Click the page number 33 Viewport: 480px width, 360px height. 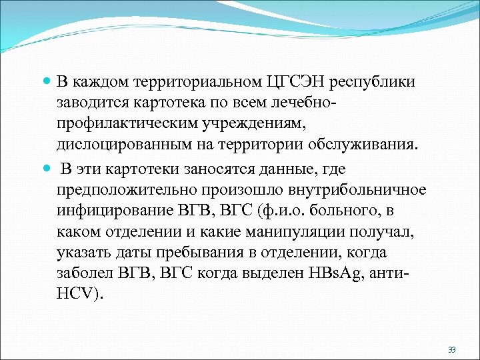coord(452,349)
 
